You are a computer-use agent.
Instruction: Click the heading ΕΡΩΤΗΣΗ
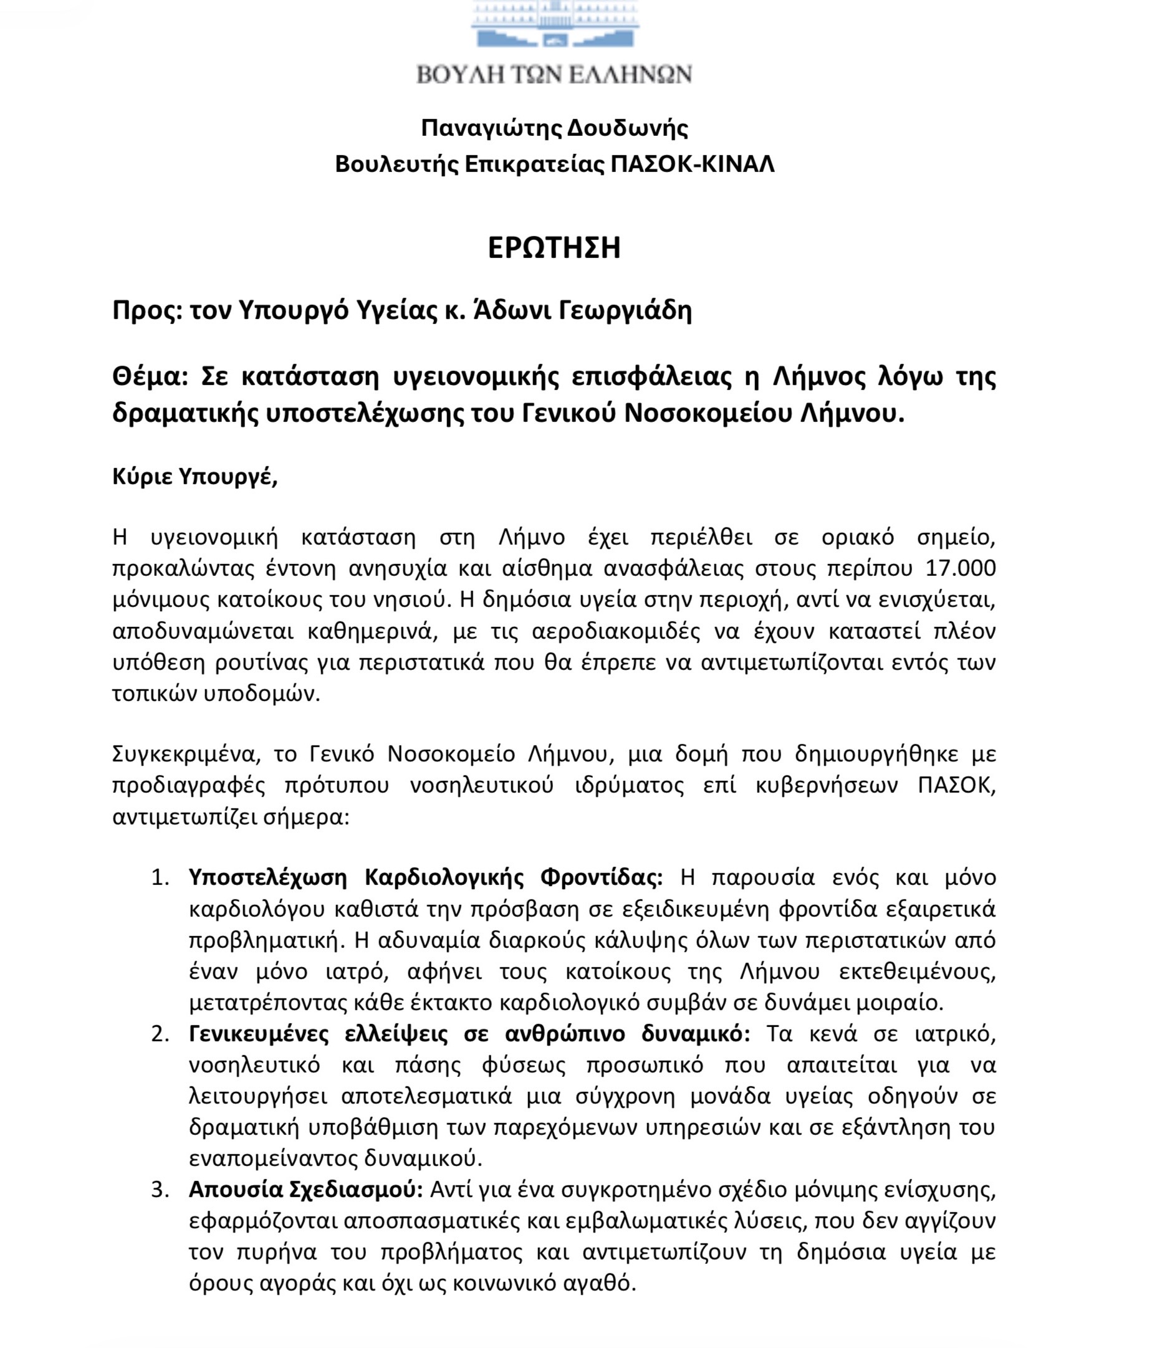(x=554, y=249)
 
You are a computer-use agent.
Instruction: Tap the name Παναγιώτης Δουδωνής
(x=554, y=128)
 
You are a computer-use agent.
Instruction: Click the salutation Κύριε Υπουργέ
(x=195, y=478)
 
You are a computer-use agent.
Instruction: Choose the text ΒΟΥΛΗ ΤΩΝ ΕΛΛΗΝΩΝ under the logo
(x=554, y=75)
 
